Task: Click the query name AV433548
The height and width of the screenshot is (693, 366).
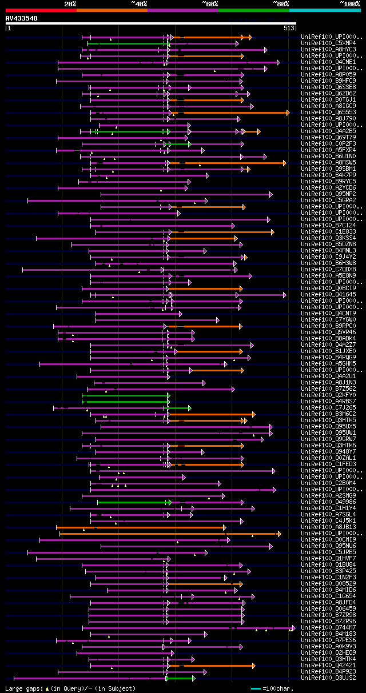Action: coord(21,18)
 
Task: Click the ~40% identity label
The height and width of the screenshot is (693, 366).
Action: coord(139,3)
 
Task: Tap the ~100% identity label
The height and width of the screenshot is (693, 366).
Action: coord(349,3)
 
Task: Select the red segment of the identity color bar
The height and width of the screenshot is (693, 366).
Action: coord(41,10)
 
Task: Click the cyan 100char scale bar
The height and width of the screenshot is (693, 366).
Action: coord(256,688)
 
